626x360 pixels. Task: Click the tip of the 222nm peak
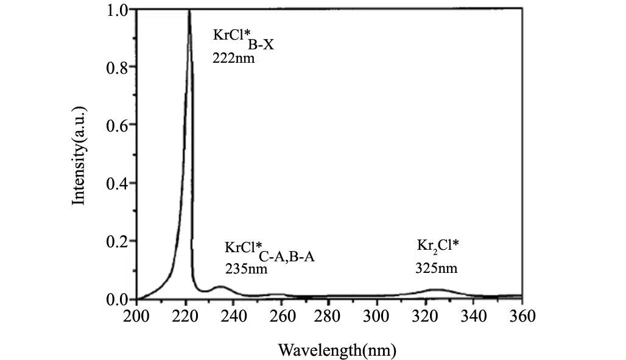click(189, 11)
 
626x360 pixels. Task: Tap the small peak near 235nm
click(220, 287)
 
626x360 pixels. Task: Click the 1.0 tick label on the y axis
click(119, 10)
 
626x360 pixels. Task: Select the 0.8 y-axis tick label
click(119, 67)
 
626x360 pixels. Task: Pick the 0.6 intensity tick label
click(119, 125)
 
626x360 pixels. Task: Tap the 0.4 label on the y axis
click(119, 183)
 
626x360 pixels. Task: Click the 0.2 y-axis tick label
click(119, 241)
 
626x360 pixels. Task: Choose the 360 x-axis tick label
click(522, 316)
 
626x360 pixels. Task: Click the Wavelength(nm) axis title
click(337, 350)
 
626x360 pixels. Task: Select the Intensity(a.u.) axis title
click(79, 155)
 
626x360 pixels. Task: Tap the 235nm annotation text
click(246, 268)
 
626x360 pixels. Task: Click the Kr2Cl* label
click(438, 246)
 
